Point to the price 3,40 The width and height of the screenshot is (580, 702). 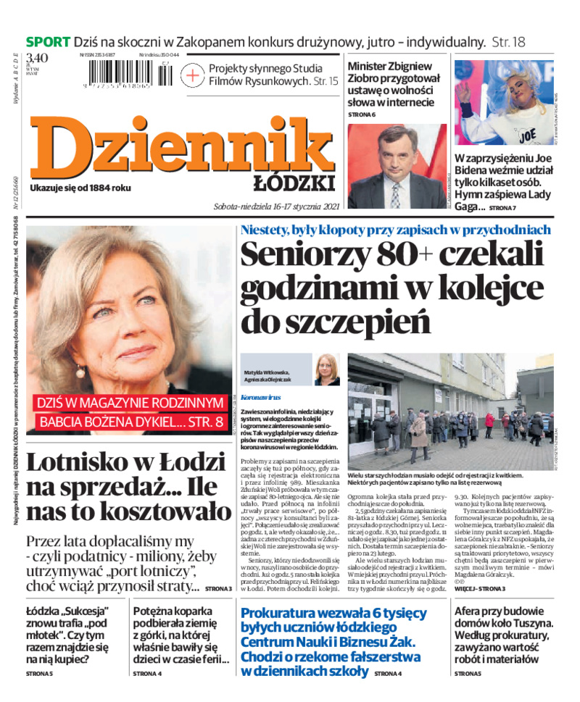[37, 59]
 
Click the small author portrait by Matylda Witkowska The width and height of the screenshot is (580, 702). [327, 369]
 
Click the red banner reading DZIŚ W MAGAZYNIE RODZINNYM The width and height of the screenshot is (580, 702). [131, 402]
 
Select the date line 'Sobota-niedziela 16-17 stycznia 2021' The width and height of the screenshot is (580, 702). [276, 206]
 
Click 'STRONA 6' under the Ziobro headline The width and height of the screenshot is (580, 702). [362, 114]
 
